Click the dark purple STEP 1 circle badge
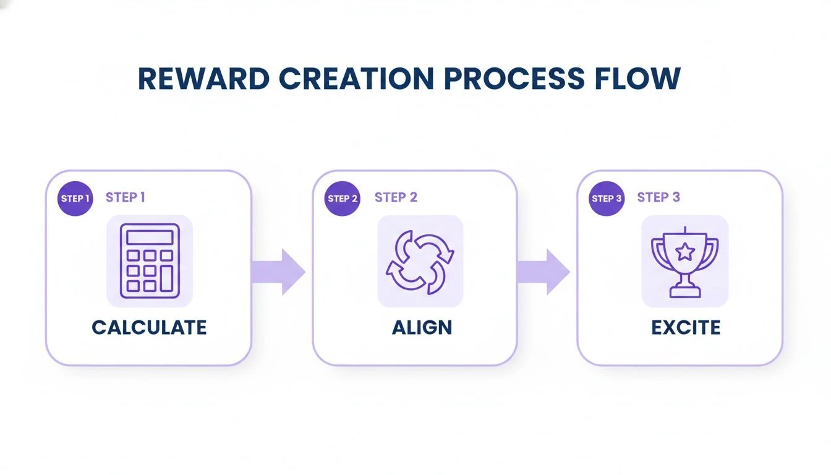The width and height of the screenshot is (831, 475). (75, 199)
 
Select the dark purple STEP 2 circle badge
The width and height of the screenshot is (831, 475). (343, 199)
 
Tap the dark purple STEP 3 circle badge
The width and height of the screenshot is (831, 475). (607, 199)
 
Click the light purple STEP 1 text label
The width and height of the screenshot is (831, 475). (126, 197)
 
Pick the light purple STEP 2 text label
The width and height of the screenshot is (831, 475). (396, 197)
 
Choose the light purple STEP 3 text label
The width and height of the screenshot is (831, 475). (658, 197)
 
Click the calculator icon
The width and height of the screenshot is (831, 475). (150, 261)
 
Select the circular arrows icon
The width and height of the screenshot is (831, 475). (420, 261)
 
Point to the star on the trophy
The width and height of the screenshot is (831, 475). (685, 251)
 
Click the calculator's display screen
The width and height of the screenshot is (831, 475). (150, 237)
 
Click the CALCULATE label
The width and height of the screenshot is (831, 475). (149, 327)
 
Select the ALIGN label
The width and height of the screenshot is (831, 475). (422, 327)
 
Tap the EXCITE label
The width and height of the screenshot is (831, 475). (686, 327)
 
